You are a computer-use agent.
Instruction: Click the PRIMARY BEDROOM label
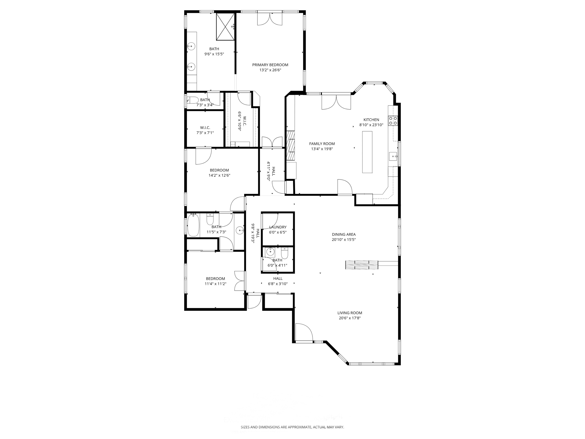(x=270, y=65)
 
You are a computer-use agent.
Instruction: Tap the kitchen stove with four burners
(x=393, y=121)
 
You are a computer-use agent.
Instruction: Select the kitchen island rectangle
(x=367, y=152)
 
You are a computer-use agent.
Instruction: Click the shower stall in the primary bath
(x=225, y=27)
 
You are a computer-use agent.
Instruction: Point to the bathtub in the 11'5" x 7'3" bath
(x=193, y=226)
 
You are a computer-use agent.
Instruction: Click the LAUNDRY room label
(x=278, y=227)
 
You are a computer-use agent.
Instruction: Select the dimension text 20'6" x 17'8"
(x=350, y=318)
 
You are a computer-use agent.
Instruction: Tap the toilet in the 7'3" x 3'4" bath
(x=193, y=100)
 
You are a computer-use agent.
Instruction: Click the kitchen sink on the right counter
(x=393, y=156)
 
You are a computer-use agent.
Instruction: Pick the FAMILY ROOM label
(x=322, y=144)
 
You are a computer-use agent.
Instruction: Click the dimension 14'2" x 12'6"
(x=219, y=175)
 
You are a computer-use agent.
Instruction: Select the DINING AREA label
(x=344, y=235)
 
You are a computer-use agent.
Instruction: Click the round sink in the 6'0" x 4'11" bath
(x=270, y=252)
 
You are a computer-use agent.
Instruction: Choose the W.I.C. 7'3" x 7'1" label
(x=205, y=127)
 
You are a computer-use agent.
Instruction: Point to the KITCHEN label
(x=371, y=120)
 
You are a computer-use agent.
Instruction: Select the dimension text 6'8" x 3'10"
(x=277, y=284)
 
